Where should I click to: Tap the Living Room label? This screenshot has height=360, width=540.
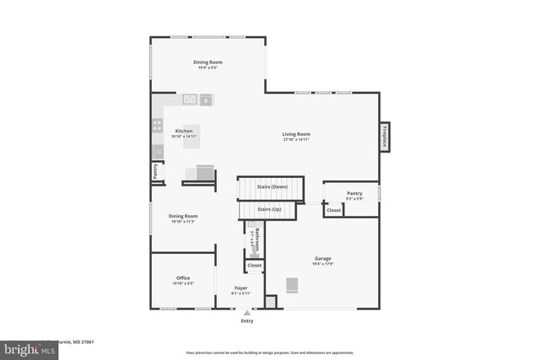296,134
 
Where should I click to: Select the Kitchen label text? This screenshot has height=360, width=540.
184,131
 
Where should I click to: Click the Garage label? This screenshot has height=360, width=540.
322,259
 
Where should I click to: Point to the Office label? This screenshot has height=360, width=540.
183,277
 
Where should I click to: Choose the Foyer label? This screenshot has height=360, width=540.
240,287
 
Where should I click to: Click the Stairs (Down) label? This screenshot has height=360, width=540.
273,186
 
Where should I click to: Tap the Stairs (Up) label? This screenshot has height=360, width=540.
270,208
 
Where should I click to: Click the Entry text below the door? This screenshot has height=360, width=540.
247,321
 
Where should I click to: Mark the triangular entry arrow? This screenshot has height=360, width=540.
247,313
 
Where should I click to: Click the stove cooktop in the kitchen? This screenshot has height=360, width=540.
157,126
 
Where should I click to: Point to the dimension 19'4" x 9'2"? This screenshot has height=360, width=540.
207,68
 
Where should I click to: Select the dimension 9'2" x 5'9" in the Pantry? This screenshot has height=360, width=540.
354,199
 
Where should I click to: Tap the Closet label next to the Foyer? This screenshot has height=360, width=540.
254,266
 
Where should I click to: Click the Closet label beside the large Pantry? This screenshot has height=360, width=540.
334,210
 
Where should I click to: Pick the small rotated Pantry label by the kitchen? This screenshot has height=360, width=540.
155,171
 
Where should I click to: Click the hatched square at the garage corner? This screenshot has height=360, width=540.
270,301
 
